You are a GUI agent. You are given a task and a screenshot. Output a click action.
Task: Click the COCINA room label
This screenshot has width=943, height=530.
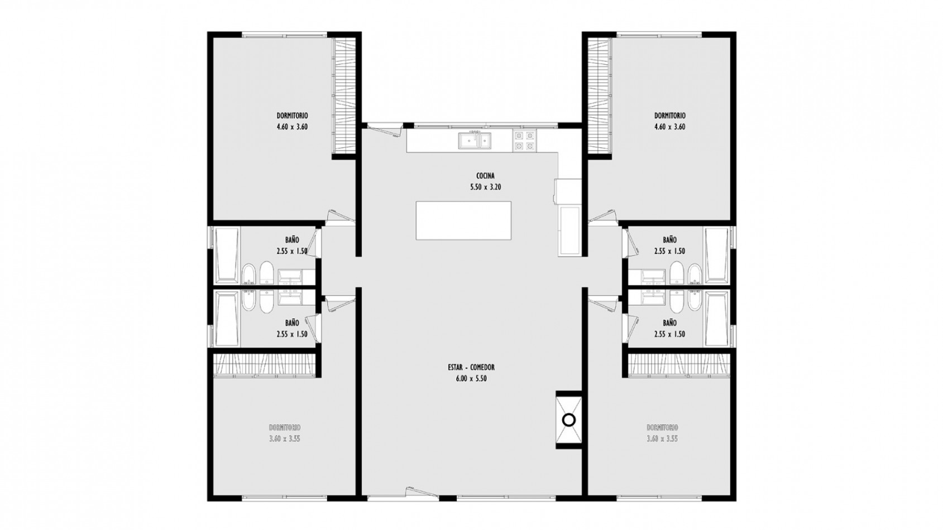point(485,176)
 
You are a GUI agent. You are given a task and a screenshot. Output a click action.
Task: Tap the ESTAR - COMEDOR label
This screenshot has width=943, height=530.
point(471,367)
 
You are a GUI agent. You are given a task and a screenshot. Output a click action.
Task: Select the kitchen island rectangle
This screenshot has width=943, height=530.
point(463,220)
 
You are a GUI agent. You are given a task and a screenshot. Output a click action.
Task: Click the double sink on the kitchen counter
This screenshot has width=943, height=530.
point(475,140)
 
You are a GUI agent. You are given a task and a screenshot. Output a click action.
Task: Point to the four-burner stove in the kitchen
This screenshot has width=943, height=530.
point(525,141)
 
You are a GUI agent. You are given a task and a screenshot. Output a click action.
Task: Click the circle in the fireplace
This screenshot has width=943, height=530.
point(568,420)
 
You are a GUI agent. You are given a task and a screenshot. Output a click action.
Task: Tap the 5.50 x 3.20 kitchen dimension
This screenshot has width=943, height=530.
point(485,187)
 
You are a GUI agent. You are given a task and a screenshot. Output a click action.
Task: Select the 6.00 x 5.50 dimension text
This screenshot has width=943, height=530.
point(471,379)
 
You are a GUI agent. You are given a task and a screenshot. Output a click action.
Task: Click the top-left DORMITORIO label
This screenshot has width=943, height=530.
point(292,115)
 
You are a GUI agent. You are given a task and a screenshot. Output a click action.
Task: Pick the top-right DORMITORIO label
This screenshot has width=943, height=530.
point(670,115)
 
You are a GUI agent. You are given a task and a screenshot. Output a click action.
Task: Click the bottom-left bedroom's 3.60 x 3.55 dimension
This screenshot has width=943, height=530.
point(285,439)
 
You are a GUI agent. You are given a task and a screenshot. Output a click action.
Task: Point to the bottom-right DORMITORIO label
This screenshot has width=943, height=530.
point(662,427)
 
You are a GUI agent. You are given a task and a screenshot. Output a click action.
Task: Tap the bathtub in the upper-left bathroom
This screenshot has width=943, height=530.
point(227,256)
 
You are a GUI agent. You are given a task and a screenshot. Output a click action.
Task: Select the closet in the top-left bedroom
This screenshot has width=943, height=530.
point(344,96)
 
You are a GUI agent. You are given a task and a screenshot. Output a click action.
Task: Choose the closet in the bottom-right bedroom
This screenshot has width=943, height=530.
point(678,365)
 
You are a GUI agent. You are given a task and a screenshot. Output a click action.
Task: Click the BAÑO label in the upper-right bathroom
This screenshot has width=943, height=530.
point(670,240)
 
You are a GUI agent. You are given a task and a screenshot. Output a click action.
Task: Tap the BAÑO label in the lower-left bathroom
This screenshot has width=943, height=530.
point(292,323)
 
